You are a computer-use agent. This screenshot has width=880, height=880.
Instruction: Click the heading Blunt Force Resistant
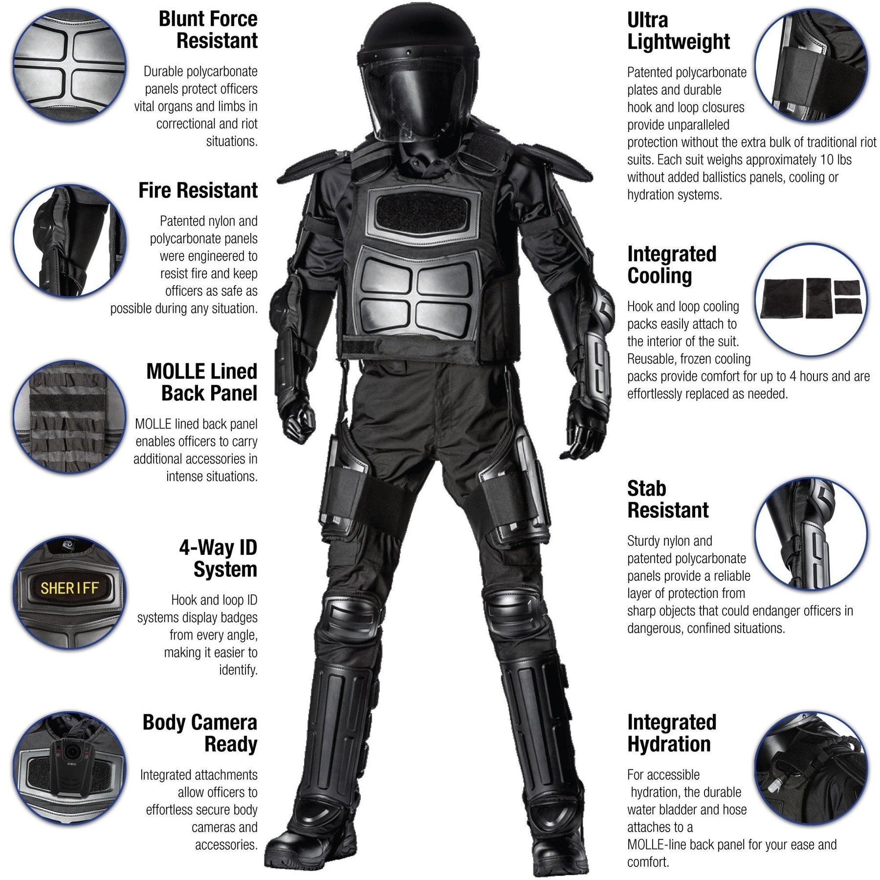(208, 30)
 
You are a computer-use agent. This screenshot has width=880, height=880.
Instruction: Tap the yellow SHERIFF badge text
(69, 588)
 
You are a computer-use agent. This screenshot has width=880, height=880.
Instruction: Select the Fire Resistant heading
(198, 190)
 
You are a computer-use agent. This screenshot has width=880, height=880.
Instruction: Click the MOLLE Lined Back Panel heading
(202, 382)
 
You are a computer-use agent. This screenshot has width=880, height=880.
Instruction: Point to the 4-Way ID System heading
(218, 558)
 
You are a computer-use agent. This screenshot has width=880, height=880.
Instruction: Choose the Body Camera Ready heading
(200, 733)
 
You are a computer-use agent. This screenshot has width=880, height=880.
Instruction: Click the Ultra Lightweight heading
(678, 31)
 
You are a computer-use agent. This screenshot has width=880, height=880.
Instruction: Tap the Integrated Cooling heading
(672, 265)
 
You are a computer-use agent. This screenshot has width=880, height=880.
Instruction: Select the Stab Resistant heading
(668, 499)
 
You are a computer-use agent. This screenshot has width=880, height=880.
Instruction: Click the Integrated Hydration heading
(672, 733)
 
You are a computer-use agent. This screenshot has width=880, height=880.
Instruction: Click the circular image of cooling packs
(811, 299)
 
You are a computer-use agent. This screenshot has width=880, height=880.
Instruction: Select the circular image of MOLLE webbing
(69, 417)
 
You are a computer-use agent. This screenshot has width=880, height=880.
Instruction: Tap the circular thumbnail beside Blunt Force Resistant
(69, 65)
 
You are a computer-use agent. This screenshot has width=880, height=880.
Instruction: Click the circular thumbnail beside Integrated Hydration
(811, 769)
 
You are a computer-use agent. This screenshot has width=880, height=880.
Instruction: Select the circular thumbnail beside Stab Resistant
(811, 534)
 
